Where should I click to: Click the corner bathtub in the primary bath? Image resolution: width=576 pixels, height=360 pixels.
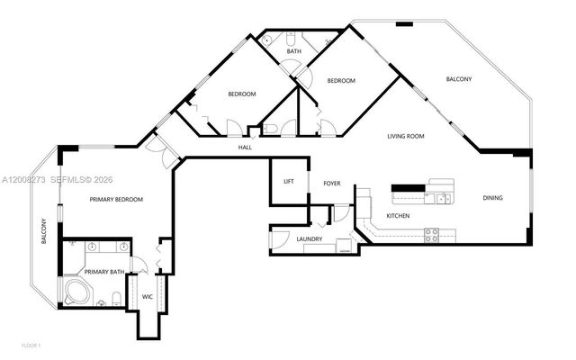[75, 292]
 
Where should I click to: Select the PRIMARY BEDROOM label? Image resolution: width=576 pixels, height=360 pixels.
[116, 199]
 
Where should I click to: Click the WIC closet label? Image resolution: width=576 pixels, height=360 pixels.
[147, 295]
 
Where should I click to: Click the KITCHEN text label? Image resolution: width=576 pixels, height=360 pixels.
[399, 217]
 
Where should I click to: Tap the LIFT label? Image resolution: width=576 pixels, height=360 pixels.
[289, 182]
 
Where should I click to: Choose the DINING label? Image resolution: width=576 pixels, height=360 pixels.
[492, 198]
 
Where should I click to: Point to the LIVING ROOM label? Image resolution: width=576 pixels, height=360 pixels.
[405, 136]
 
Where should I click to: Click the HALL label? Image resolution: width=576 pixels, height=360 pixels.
[245, 147]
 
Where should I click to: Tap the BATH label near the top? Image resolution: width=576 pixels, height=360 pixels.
[294, 51]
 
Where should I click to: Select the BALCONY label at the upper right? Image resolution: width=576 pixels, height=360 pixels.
[459, 80]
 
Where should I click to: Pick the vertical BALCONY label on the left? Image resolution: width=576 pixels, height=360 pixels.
[43, 233]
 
